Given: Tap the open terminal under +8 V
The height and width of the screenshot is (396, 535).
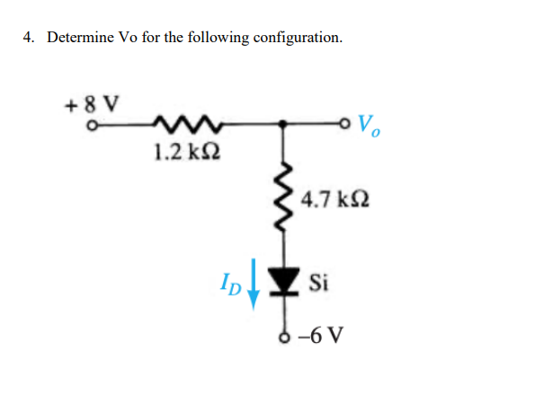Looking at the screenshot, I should (89, 125).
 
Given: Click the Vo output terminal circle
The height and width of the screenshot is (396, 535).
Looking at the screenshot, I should (348, 124).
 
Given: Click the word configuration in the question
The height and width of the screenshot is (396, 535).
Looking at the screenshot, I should (298, 39).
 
